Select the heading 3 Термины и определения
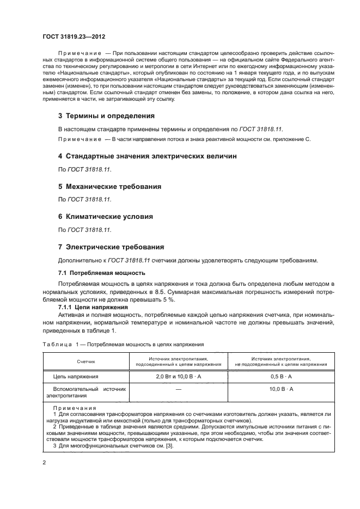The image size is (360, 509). click(x=106, y=116)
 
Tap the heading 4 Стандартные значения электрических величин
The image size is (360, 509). click(x=147, y=156)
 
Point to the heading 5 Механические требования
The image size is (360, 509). click(x=109, y=186)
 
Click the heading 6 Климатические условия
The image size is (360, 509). click(x=105, y=216)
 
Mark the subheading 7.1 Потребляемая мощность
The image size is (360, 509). click(x=101, y=272)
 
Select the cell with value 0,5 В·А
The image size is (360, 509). click(x=281, y=377)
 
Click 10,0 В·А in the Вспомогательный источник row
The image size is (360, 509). click(x=281, y=389)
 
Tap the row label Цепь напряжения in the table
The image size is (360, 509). click(x=75, y=377)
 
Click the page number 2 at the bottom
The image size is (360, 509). click(x=44, y=462)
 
